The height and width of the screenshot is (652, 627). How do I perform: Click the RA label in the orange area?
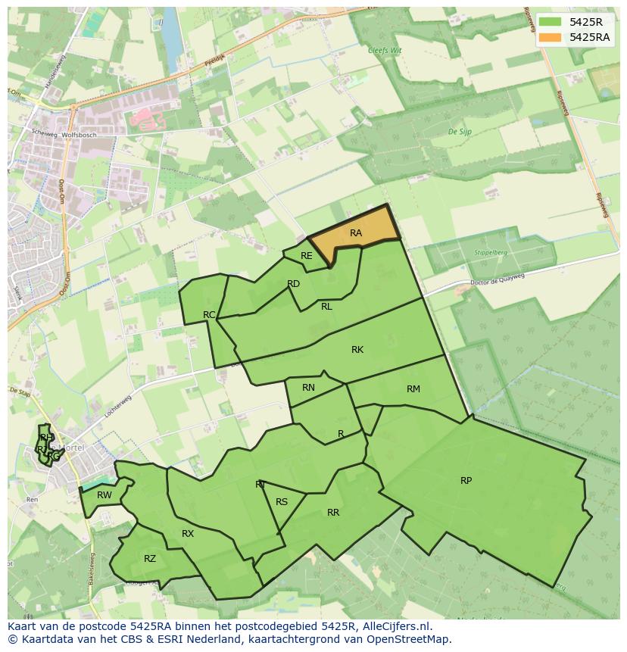pos(356,233)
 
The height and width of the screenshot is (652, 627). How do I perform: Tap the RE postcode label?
pos(306,256)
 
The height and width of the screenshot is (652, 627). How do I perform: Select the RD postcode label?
pos(294,284)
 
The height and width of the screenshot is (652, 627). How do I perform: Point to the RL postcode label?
pos(326,307)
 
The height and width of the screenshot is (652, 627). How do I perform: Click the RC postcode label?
pos(210,315)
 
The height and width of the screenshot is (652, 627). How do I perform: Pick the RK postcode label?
pos(357,350)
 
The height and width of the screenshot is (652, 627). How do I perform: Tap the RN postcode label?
pos(308,388)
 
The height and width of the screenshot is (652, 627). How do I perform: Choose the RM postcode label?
pos(413,389)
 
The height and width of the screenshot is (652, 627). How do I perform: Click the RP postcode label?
pos(466,481)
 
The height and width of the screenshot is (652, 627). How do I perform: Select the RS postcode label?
pos(282,502)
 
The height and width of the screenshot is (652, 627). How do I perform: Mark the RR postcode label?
pos(333,513)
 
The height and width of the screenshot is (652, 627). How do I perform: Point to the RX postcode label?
pos(188,534)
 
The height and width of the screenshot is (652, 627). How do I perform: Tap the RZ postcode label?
pos(150,559)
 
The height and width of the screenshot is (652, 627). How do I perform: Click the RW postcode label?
pos(104,496)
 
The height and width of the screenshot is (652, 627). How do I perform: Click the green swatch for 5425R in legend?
pos(550,21)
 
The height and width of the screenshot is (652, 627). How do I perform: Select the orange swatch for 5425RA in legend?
pos(550,37)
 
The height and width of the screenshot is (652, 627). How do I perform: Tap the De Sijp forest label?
pos(460,132)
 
